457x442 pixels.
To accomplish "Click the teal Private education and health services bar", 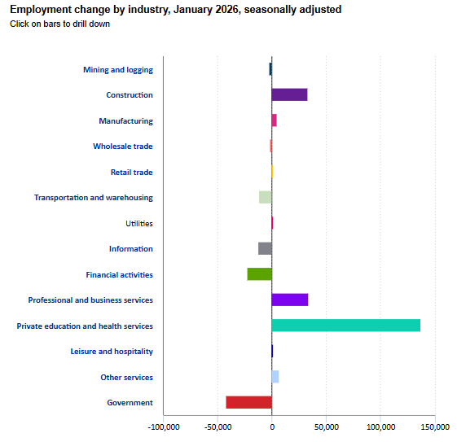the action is (x=345, y=326).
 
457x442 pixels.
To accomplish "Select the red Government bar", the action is (x=249, y=402).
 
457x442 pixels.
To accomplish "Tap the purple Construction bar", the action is (x=289, y=94).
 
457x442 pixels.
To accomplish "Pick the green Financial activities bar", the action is (x=259, y=274).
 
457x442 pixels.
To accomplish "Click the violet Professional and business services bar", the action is (x=290, y=300).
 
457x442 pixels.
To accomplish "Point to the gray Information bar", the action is (x=265, y=248).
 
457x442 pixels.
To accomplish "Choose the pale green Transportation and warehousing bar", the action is (x=266, y=197).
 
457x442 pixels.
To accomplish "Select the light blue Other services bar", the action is (x=275, y=377).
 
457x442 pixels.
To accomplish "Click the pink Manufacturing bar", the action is (x=275, y=120).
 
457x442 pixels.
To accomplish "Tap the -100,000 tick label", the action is (x=164, y=427).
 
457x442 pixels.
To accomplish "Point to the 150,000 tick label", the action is (x=436, y=427).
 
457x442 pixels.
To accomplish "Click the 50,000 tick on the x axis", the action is (x=327, y=427).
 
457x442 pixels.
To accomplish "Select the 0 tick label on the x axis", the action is (x=272, y=427).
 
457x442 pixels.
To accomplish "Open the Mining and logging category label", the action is (x=118, y=70).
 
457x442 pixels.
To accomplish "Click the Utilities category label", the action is (x=139, y=223).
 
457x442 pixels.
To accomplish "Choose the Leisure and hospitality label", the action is (x=112, y=352).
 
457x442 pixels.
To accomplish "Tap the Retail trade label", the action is (x=132, y=172).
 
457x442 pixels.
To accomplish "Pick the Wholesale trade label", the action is (x=123, y=147).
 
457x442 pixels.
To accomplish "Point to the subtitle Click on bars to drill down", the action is (x=59, y=24).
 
